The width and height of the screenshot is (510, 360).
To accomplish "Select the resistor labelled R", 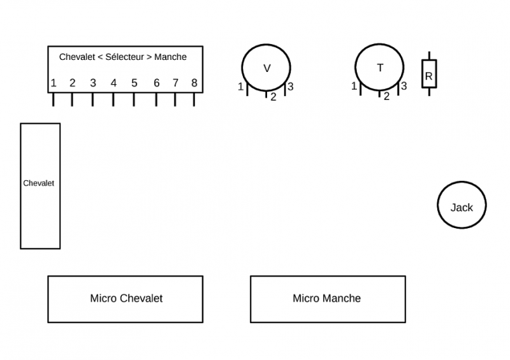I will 429,74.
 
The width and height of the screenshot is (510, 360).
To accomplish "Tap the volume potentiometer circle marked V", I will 266,68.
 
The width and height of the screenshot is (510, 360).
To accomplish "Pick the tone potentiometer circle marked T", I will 380,68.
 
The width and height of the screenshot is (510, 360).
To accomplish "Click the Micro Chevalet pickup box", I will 126,298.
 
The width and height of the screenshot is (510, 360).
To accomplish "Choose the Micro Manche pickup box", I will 327,298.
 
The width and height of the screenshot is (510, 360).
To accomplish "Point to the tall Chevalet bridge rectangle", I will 40,185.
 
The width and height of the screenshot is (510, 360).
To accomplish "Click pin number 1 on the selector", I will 54,99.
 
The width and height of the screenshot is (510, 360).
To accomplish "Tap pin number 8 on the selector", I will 194,99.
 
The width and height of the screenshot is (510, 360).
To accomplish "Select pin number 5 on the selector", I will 134,99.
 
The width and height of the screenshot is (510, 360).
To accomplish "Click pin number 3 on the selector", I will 93,99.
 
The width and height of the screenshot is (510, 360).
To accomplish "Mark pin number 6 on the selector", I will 156,99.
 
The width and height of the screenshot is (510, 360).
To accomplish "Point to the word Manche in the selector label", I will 171,57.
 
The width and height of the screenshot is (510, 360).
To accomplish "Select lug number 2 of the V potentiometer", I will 266,94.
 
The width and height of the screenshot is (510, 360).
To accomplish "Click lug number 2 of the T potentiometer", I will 380,94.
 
